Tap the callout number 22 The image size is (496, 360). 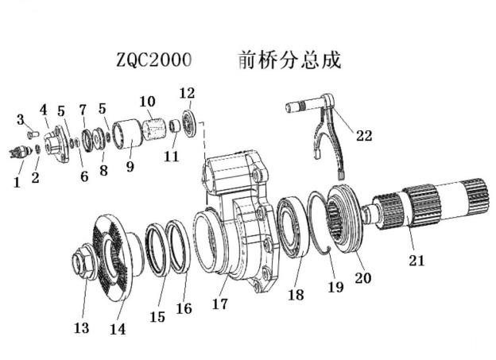[x=363, y=136]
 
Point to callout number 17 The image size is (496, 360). [x=220, y=304]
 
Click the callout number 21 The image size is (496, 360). [x=417, y=260]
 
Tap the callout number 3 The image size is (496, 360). [x=21, y=119]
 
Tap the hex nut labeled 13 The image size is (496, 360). [x=84, y=262]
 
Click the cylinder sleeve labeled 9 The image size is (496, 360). [x=126, y=135]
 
